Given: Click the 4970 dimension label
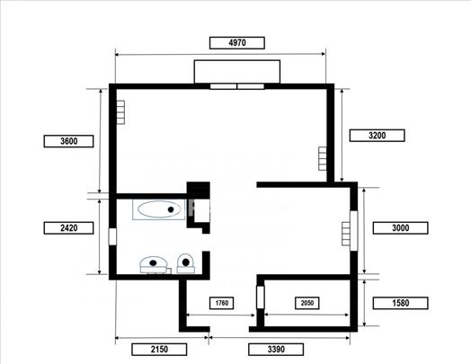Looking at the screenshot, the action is pos(237,42).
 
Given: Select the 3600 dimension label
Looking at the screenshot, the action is pos(68,141).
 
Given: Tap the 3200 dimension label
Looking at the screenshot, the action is pos(377,136).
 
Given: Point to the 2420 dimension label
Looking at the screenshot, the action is pos(68,228).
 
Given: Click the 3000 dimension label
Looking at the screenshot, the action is pos(400,228).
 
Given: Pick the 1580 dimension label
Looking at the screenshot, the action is pos(400,303).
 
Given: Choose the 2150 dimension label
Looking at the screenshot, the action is pos(159,350).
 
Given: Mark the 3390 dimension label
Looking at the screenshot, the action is pos(276,350).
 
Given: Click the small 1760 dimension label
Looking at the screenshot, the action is pos(222,303).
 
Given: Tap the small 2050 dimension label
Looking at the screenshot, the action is pos(307,303).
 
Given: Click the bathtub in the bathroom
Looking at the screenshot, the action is pos(159,209).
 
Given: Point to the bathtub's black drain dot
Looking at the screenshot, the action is pos(171,209).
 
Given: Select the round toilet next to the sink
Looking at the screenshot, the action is pos(186,263).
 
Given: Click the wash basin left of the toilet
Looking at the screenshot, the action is pos(154,264).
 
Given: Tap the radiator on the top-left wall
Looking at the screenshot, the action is pos(120,112).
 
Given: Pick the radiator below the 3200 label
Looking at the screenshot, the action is pos(323,158).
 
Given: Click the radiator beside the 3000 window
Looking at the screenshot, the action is pos(346,234).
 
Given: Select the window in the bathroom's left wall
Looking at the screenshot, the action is pos(112,236).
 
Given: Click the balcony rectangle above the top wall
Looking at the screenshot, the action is pos(237,72).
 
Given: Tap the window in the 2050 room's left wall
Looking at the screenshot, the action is pos(261,297).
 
